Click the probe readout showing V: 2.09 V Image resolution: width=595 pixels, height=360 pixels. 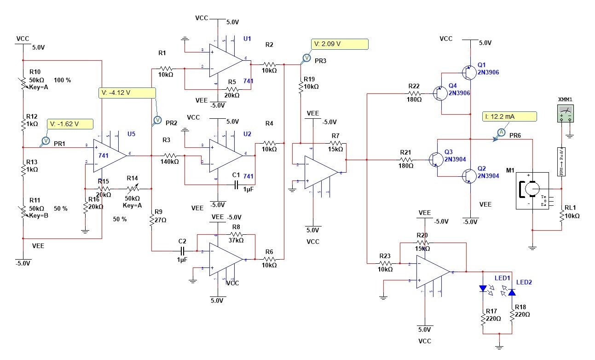340,44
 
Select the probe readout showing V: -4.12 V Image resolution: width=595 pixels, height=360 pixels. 127,93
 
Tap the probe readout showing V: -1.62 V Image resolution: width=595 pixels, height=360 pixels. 69,124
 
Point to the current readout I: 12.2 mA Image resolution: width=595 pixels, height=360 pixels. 510,116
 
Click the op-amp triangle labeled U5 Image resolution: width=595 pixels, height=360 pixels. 110,156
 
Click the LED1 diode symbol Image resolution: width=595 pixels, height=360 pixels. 483,289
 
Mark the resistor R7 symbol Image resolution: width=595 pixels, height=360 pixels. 335,143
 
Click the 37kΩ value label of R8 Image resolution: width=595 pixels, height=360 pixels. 236,240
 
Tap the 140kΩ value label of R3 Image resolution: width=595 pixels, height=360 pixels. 169,162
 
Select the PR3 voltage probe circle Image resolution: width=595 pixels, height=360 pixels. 306,58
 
